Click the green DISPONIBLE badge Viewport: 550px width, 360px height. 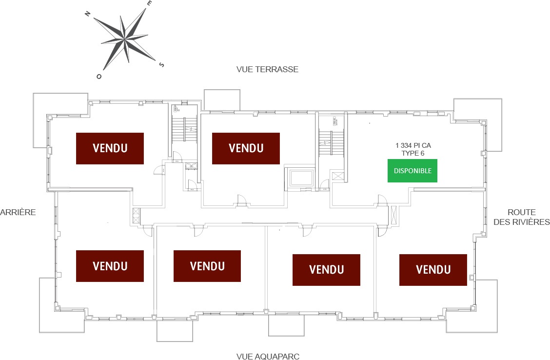click(x=412, y=171)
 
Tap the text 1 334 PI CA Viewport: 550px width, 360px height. click(x=413, y=145)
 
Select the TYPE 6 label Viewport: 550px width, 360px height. click(x=413, y=153)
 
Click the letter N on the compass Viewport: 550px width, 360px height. click(x=88, y=14)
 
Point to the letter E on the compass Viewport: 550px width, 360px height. click(x=150, y=3)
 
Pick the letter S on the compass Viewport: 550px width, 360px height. click(x=162, y=64)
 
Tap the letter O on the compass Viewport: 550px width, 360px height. click(x=99, y=77)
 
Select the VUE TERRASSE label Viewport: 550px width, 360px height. click(x=267, y=69)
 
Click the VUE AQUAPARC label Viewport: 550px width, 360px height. click(x=268, y=357)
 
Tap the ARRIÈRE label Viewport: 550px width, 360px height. click(x=18, y=212)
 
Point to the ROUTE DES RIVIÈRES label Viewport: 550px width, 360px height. click(x=521, y=217)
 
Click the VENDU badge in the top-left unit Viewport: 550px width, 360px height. click(x=110, y=148)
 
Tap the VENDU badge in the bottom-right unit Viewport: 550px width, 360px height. click(x=433, y=270)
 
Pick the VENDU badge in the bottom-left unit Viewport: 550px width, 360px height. click(x=110, y=266)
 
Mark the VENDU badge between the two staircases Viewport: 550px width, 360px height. click(x=246, y=148)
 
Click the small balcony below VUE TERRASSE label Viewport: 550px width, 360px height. click(x=222, y=100)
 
